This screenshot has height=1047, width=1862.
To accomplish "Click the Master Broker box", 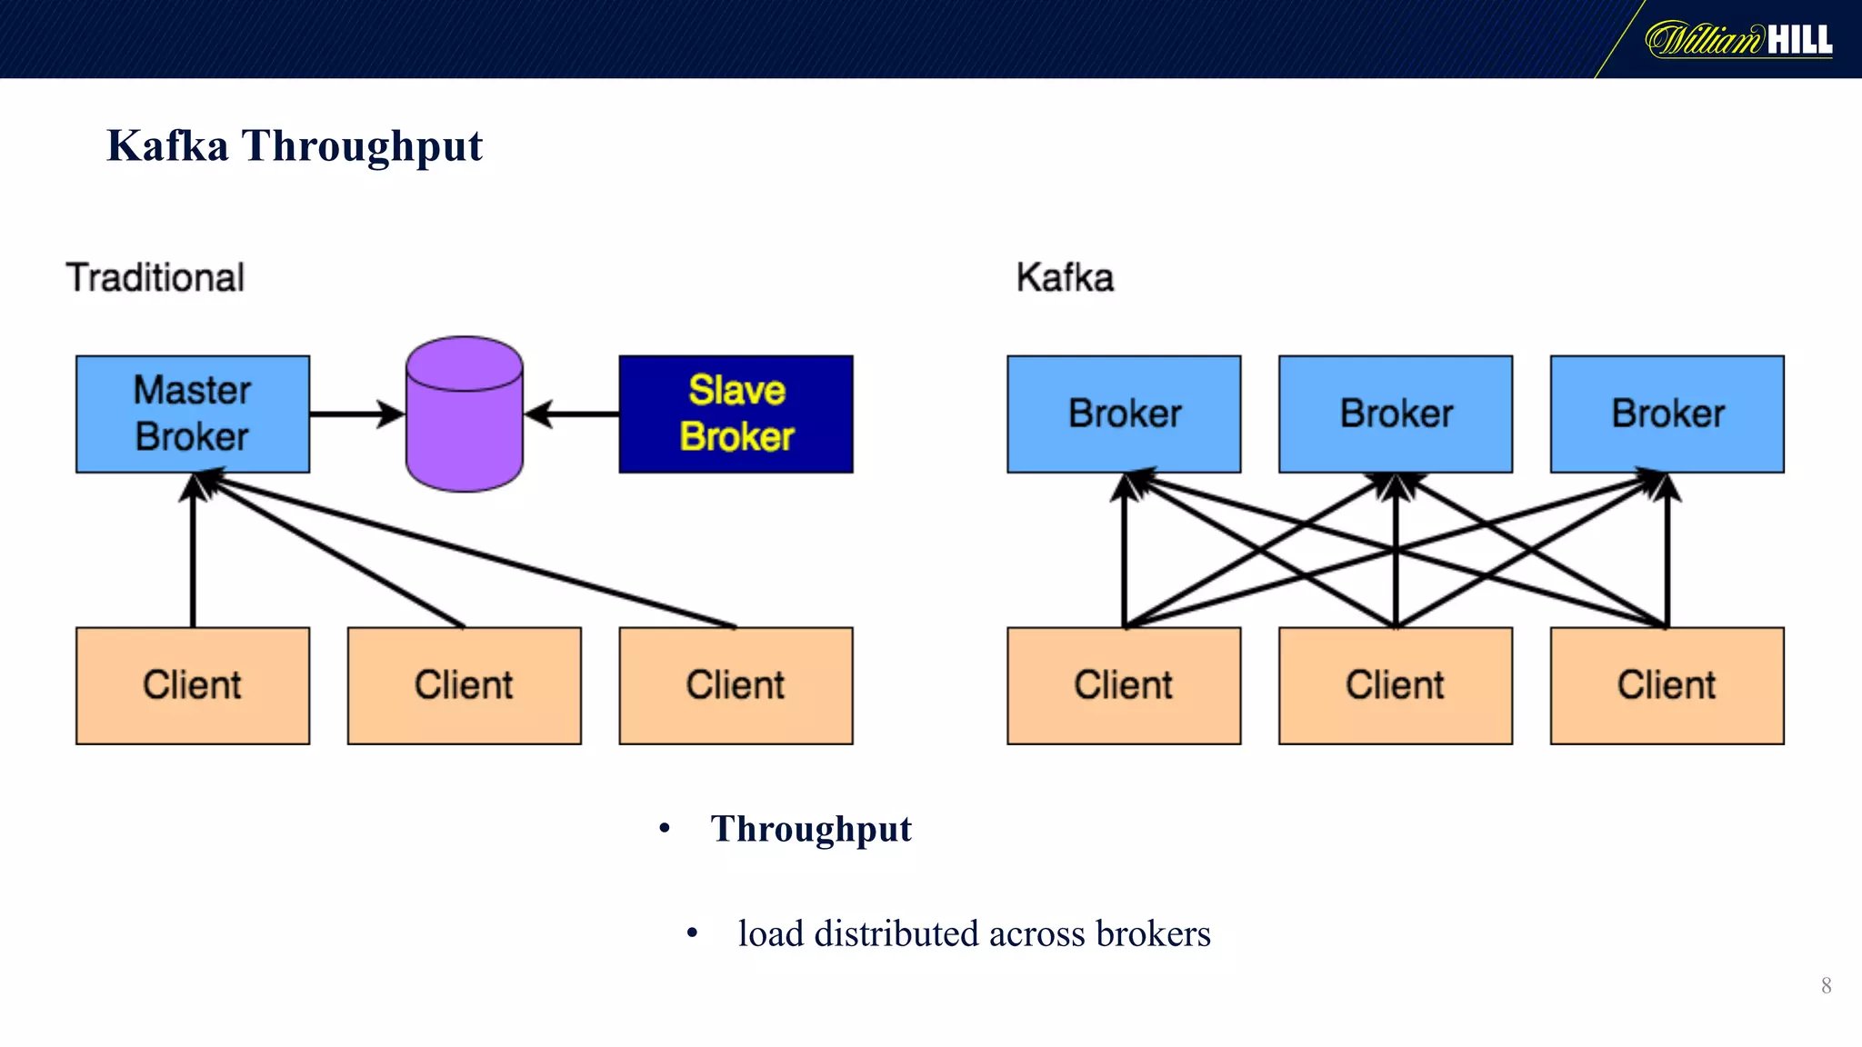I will click(193, 414).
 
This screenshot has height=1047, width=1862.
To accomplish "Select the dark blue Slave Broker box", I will click(736, 414).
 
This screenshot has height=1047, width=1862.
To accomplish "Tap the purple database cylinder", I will click(464, 414).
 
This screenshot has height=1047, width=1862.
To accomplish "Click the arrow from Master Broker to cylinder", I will click(355, 414).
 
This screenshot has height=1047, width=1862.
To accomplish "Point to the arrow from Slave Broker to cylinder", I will click(573, 414).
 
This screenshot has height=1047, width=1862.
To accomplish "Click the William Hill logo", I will click(1738, 40).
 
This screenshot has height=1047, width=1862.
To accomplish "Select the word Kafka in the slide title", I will click(167, 145).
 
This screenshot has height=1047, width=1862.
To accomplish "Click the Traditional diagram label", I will click(155, 277).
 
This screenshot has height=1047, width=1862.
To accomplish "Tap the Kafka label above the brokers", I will click(1065, 277).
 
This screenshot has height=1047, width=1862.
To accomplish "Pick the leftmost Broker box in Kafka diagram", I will click(1124, 414).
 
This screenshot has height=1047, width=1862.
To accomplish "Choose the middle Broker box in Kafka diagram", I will click(1396, 414).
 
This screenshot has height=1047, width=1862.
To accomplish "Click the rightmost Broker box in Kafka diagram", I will click(1667, 414).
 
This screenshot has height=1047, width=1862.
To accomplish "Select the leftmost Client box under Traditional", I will click(193, 685).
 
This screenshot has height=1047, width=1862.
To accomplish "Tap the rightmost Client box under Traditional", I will click(736, 685).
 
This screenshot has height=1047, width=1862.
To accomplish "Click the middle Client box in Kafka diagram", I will click(1396, 685).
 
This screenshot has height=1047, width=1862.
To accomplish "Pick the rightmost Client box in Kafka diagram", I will click(1667, 685).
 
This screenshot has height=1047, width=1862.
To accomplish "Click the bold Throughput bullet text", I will click(811, 829).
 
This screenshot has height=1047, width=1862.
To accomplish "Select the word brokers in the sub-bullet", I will click(1153, 933).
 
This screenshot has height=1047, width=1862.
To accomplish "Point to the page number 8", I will click(1826, 986).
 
